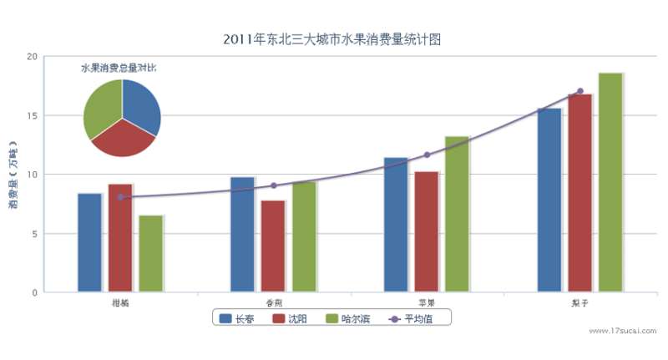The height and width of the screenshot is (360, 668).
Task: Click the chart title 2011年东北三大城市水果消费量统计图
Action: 331,39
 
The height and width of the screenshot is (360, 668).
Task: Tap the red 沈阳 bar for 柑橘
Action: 120,238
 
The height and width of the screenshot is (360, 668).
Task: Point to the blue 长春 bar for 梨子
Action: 549,200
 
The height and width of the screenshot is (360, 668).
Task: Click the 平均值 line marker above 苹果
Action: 427,155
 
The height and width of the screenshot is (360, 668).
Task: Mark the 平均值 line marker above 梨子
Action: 580,91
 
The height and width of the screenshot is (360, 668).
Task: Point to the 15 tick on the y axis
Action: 33,115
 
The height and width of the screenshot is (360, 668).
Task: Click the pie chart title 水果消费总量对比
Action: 119,66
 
